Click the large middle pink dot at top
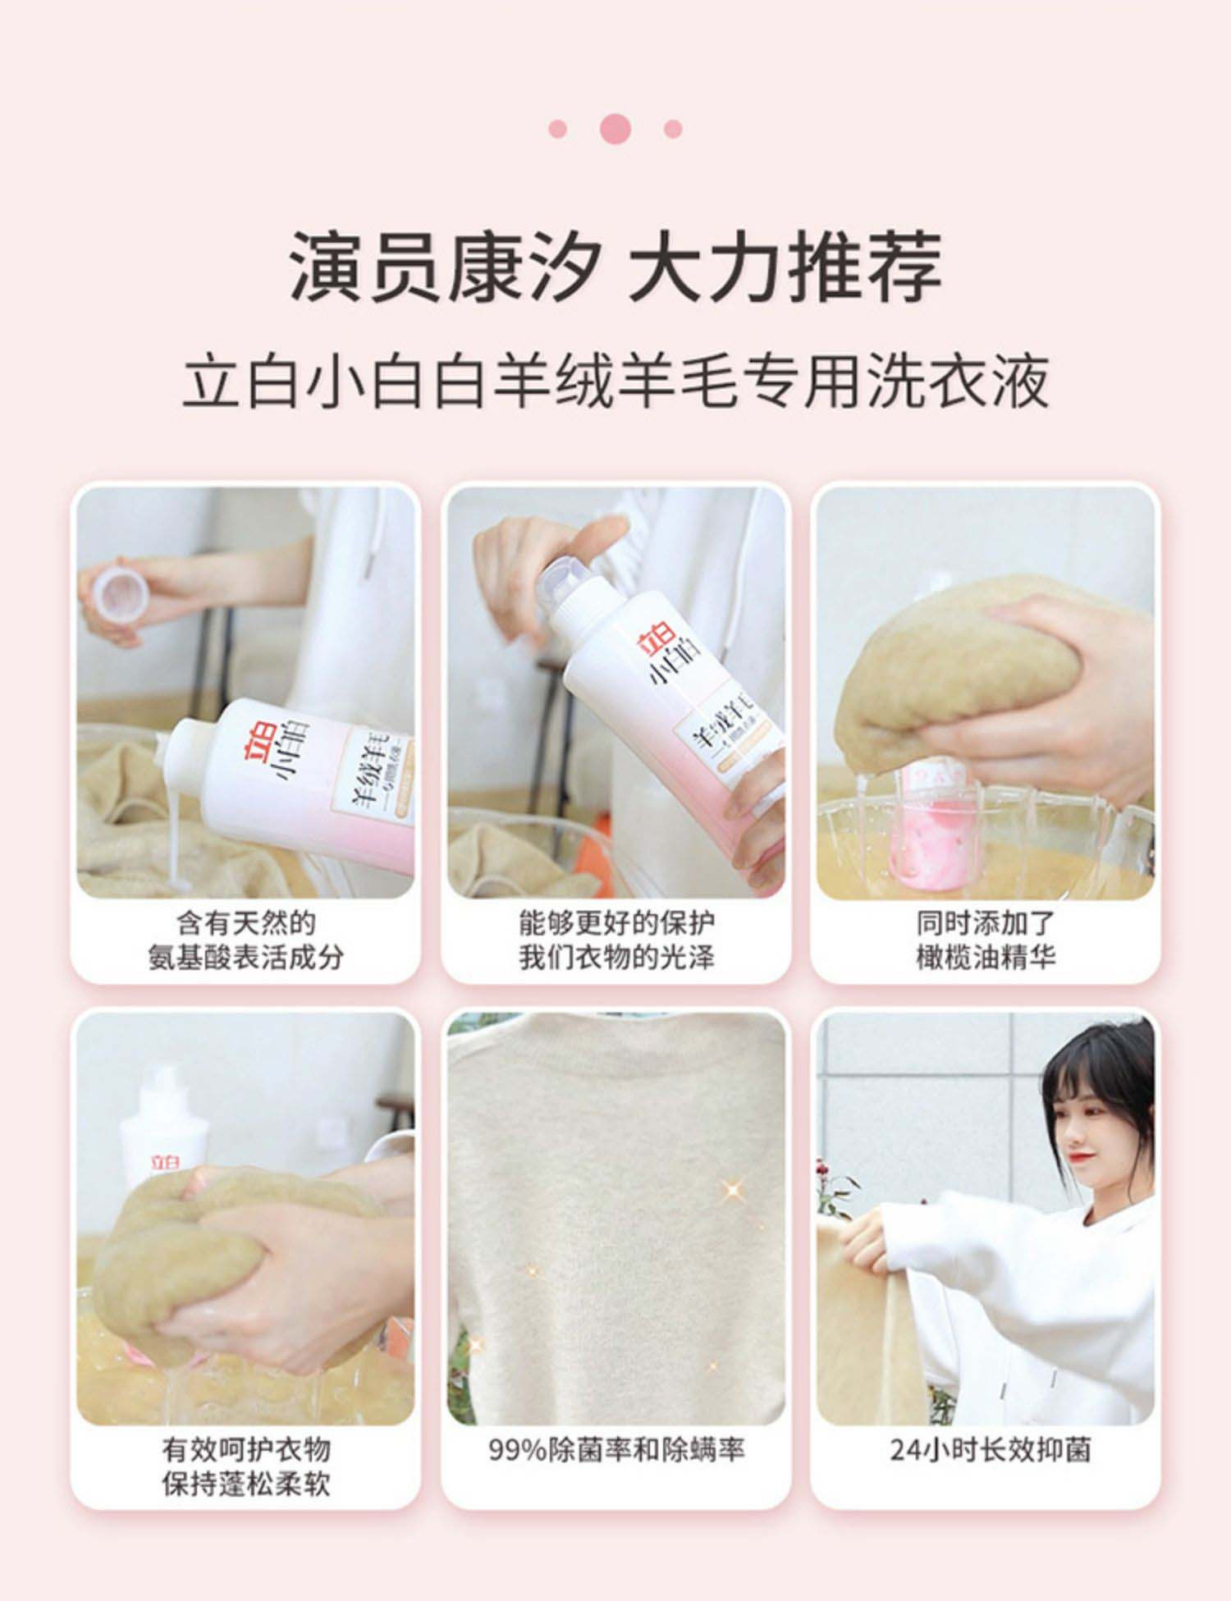coord(615,129)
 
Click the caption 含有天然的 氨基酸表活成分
coord(245,940)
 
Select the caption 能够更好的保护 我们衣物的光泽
coord(616,940)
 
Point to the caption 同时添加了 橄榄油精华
coord(985,940)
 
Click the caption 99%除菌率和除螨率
coord(616,1450)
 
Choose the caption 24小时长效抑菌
coord(991,1450)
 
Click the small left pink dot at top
coord(558,129)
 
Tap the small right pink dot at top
coord(673,129)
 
